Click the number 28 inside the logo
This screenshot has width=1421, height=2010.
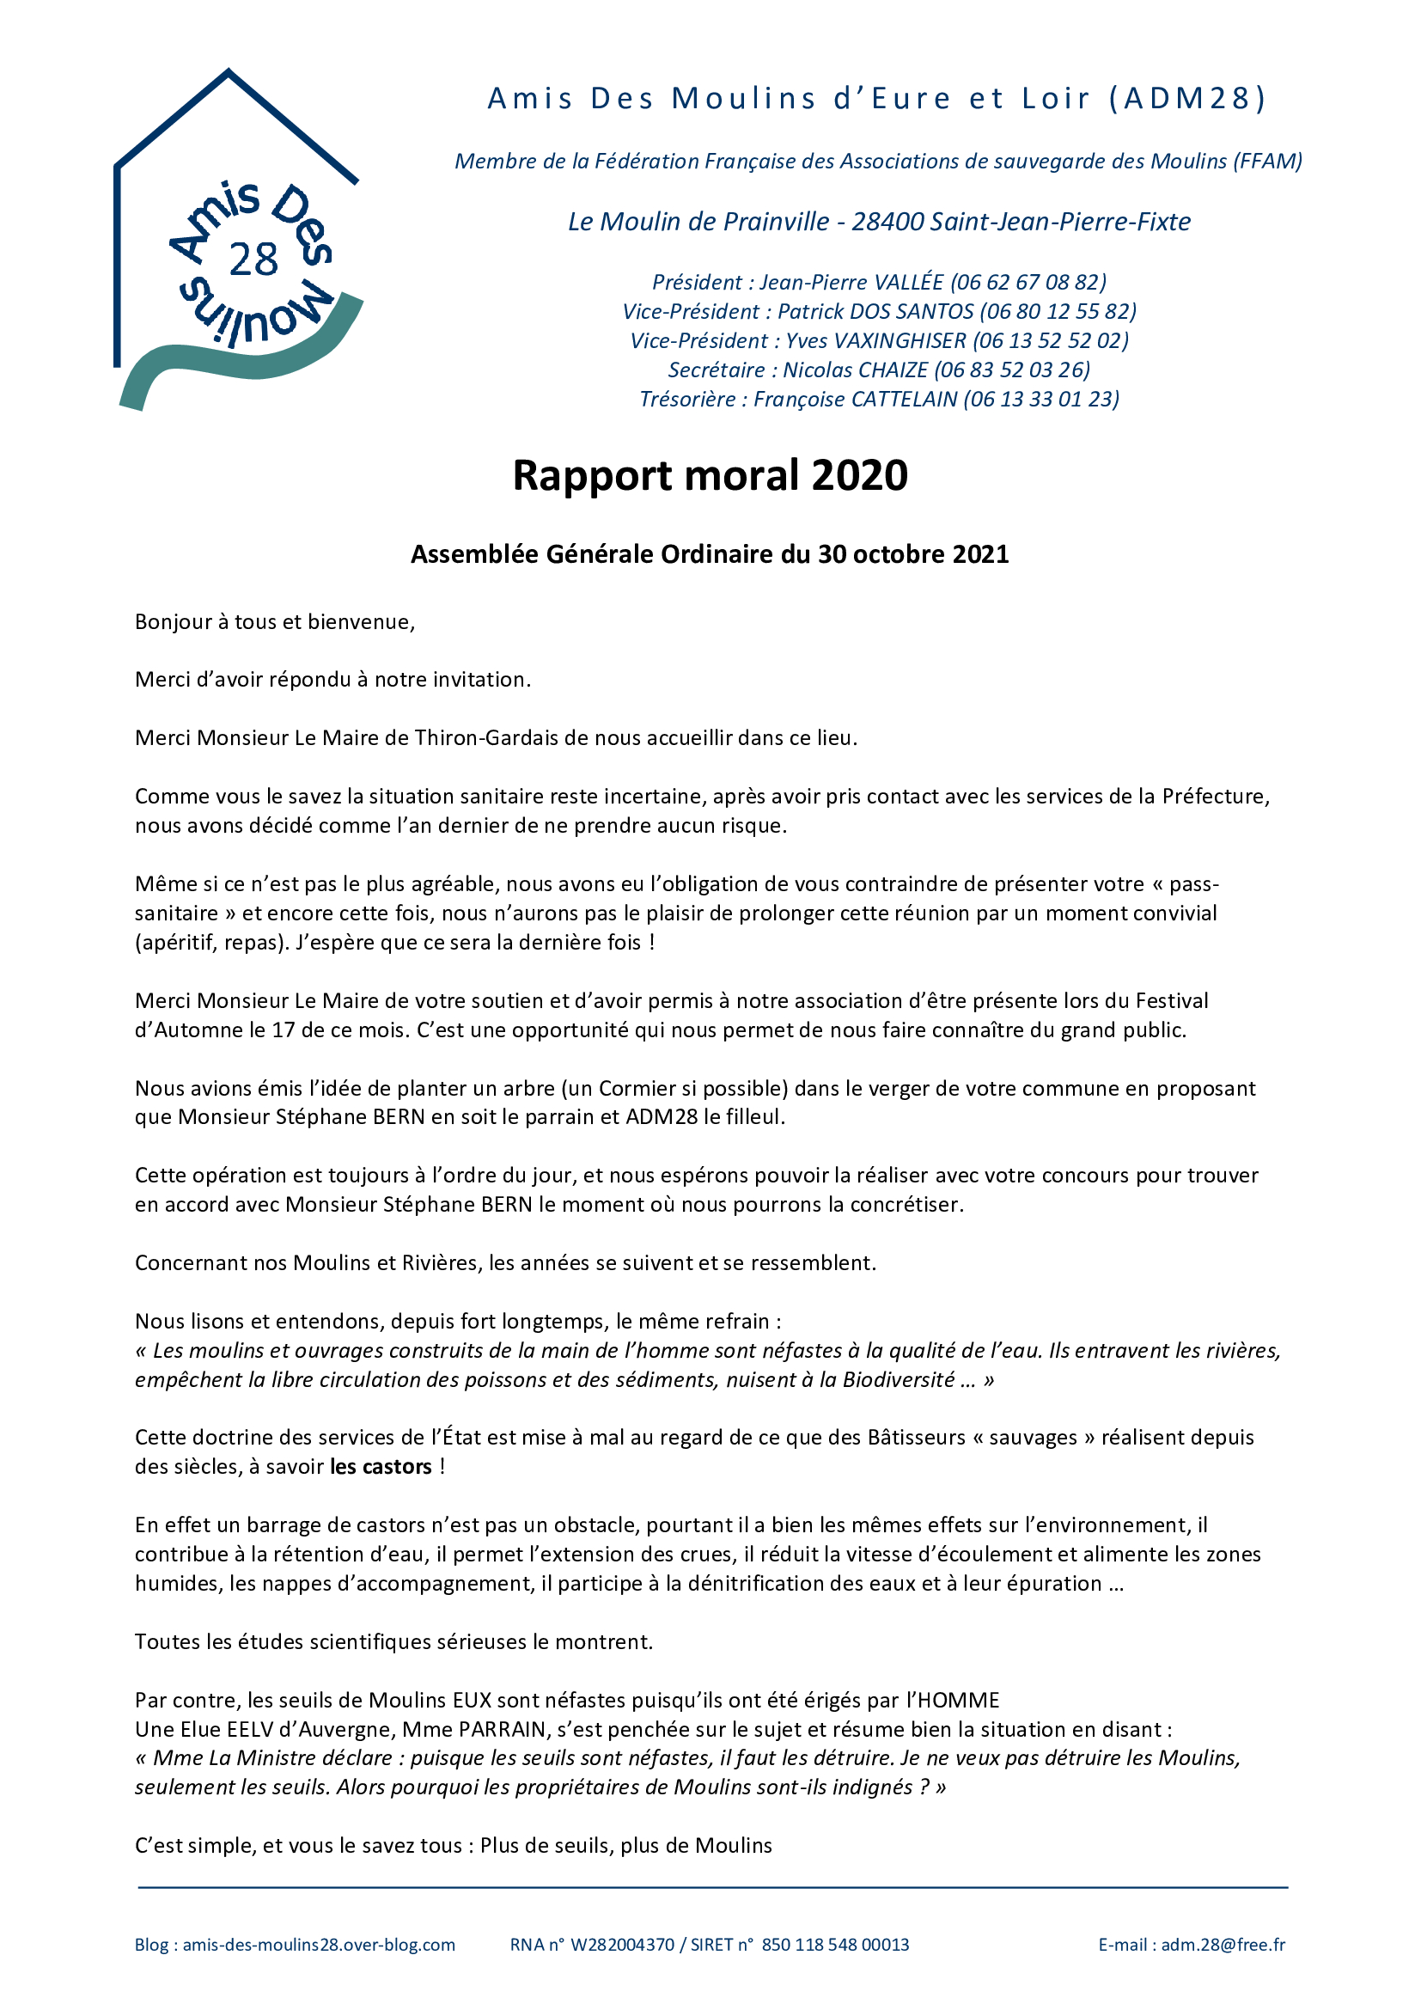253,260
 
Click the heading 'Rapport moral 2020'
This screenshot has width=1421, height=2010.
710,476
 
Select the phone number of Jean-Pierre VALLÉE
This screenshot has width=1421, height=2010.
1028,282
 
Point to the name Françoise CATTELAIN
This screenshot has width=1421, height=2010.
855,400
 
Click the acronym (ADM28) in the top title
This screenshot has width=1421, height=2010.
1187,98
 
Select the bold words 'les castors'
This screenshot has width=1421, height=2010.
381,1466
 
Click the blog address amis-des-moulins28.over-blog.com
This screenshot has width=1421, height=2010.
319,1945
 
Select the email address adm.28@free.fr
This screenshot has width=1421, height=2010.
1223,1945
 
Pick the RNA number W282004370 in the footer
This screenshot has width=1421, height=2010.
622,1945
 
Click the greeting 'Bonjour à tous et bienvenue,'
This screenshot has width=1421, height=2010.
275,621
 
